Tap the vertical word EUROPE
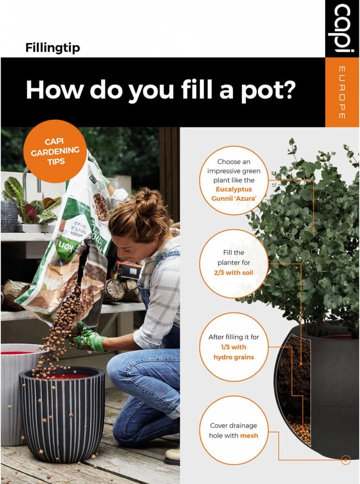click(x=341, y=92)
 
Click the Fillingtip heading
click(x=52, y=48)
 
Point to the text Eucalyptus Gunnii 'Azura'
click(x=234, y=194)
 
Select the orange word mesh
click(x=249, y=435)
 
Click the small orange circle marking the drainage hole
click(x=345, y=459)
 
